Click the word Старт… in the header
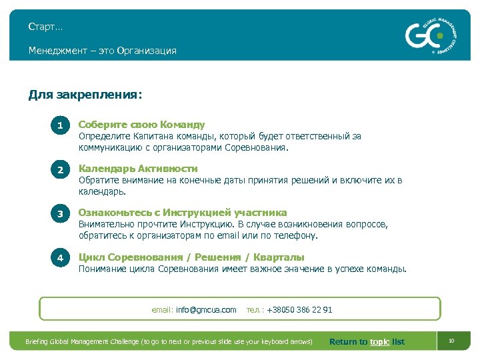[46, 27]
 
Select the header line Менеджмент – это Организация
[102, 51]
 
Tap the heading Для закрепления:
[85, 95]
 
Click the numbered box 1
[60, 125]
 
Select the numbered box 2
[60, 170]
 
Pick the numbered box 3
[60, 213]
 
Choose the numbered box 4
[60, 257]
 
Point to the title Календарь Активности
[138, 169]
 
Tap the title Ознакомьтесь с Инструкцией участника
[183, 213]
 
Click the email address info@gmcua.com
[206, 310]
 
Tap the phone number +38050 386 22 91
[299, 310]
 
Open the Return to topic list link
[367, 342]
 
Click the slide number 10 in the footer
[451, 341]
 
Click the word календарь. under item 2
[102, 191]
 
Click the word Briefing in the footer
[37, 342]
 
